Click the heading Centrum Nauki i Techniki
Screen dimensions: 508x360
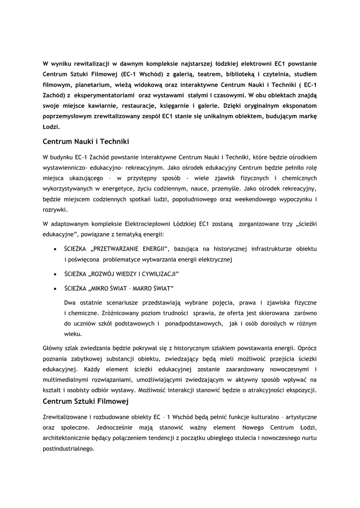(x=86, y=142)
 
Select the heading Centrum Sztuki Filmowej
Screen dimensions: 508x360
(x=86, y=401)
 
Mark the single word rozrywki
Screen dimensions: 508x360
(x=55, y=209)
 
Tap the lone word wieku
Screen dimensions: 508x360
(x=72, y=334)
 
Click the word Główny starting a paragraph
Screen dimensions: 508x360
(x=55, y=348)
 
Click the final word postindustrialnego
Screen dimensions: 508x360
(x=69, y=449)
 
